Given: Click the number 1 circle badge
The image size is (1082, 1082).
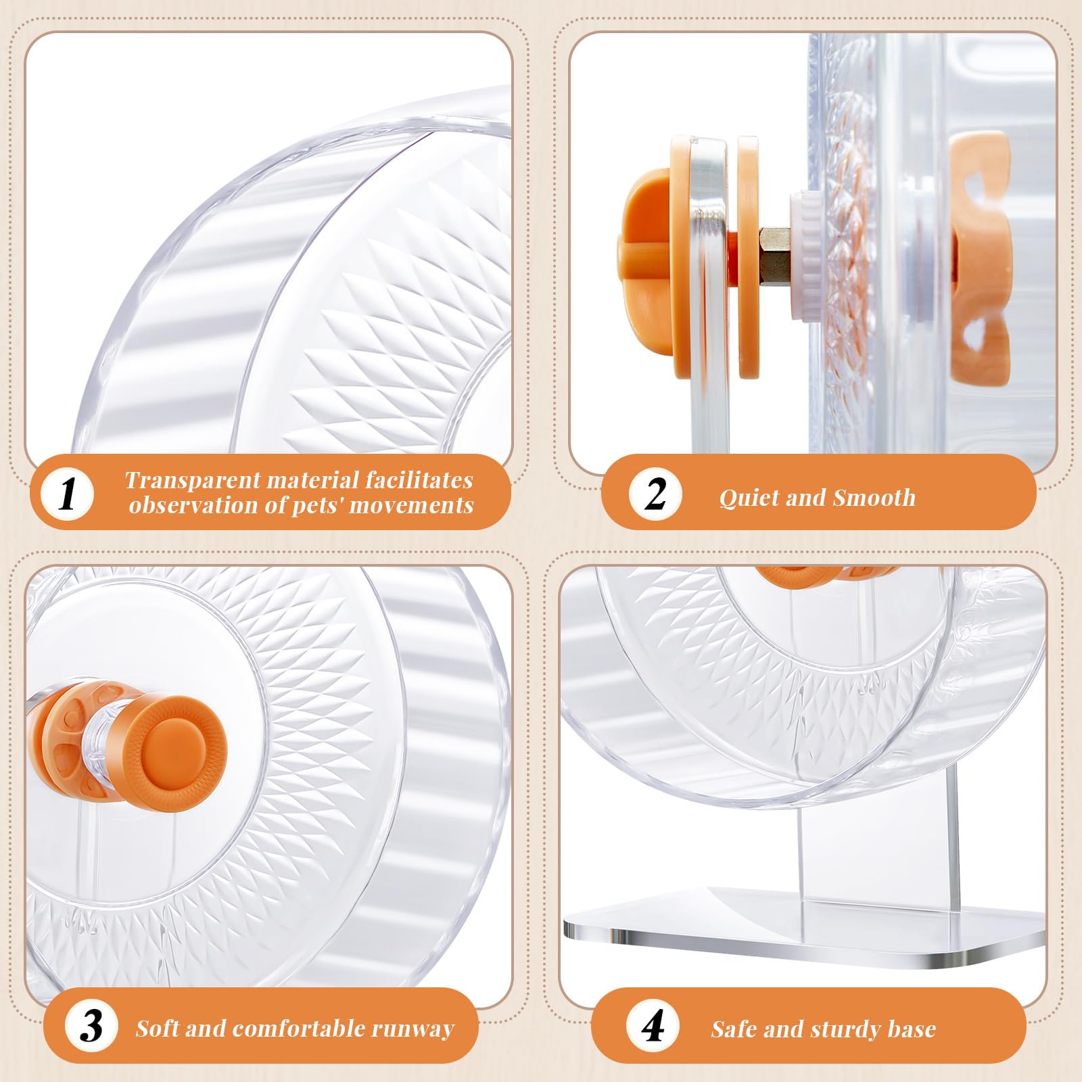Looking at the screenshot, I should (67, 494).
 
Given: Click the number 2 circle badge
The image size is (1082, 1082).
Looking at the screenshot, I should (655, 494).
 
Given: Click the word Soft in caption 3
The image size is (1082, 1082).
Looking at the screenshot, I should (158, 1029).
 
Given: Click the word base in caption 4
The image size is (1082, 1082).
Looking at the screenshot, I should (912, 1029).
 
